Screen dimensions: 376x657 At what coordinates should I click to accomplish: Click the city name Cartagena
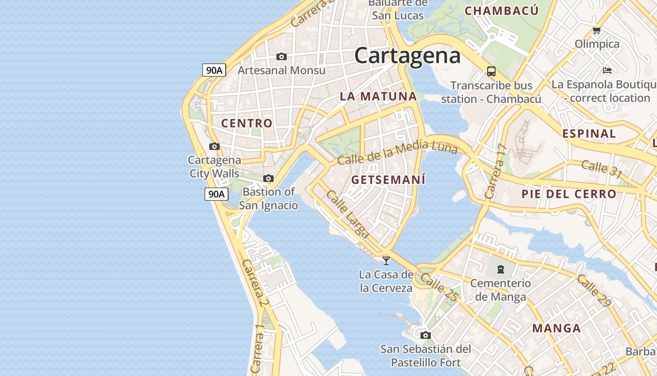407,55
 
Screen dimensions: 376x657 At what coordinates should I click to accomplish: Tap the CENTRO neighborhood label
247,124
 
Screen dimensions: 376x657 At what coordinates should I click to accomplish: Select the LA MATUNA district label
378,97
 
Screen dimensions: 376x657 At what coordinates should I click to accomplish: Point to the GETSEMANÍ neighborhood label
388,180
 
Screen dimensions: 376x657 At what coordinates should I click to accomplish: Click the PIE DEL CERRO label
569,194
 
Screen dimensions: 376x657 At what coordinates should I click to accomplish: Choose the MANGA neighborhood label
557,329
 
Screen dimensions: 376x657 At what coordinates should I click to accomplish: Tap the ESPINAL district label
589,133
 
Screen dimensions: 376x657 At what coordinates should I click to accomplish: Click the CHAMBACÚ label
502,11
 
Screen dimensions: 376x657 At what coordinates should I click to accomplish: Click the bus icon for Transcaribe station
491,71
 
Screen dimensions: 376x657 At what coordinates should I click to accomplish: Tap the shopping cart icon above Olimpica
596,31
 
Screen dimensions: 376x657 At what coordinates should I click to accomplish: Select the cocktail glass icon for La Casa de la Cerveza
386,260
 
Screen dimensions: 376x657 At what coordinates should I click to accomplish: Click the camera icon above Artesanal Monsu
282,56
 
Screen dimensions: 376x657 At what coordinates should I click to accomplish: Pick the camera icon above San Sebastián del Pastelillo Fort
426,335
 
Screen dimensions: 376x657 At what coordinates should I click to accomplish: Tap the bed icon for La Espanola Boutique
607,70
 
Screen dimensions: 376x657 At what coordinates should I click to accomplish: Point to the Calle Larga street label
348,214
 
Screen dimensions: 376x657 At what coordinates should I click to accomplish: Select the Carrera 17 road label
496,171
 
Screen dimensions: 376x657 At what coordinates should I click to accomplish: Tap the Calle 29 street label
594,291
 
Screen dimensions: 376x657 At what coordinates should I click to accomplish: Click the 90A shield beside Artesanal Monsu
214,70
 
